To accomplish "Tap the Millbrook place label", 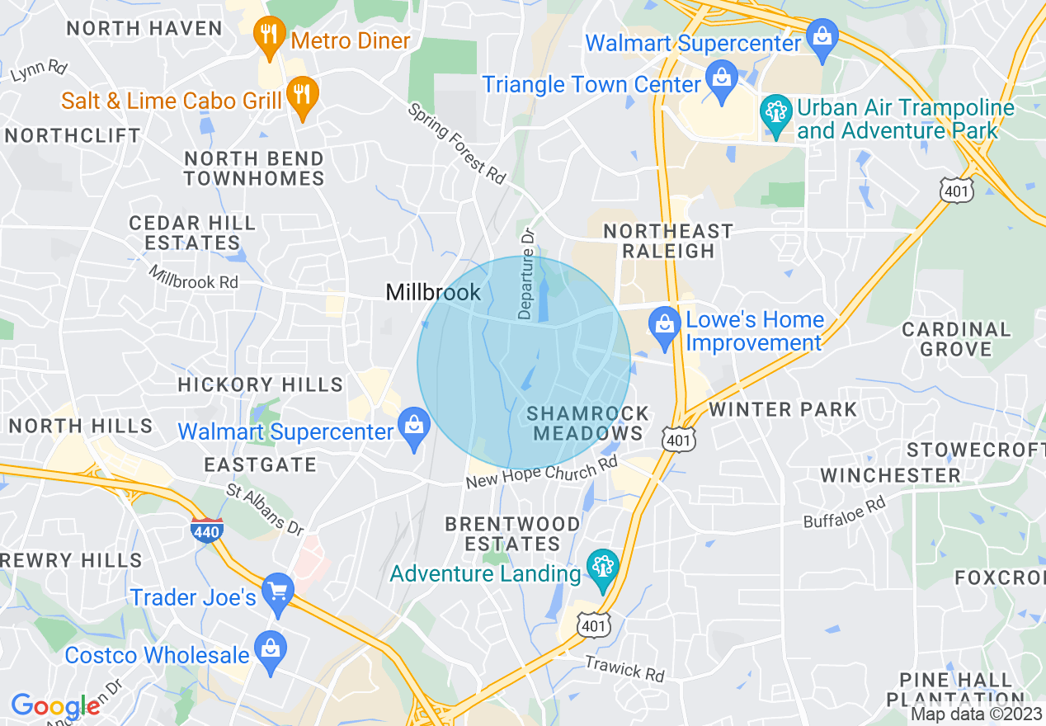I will tap(433, 292).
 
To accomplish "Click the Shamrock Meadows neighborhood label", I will tap(587, 423).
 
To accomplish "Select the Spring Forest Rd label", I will tap(456, 143).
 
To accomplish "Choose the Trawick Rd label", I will tap(624, 668).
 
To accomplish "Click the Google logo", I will tap(54, 706).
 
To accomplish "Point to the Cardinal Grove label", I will tap(956, 339).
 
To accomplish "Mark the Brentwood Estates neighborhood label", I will tap(512, 534).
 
